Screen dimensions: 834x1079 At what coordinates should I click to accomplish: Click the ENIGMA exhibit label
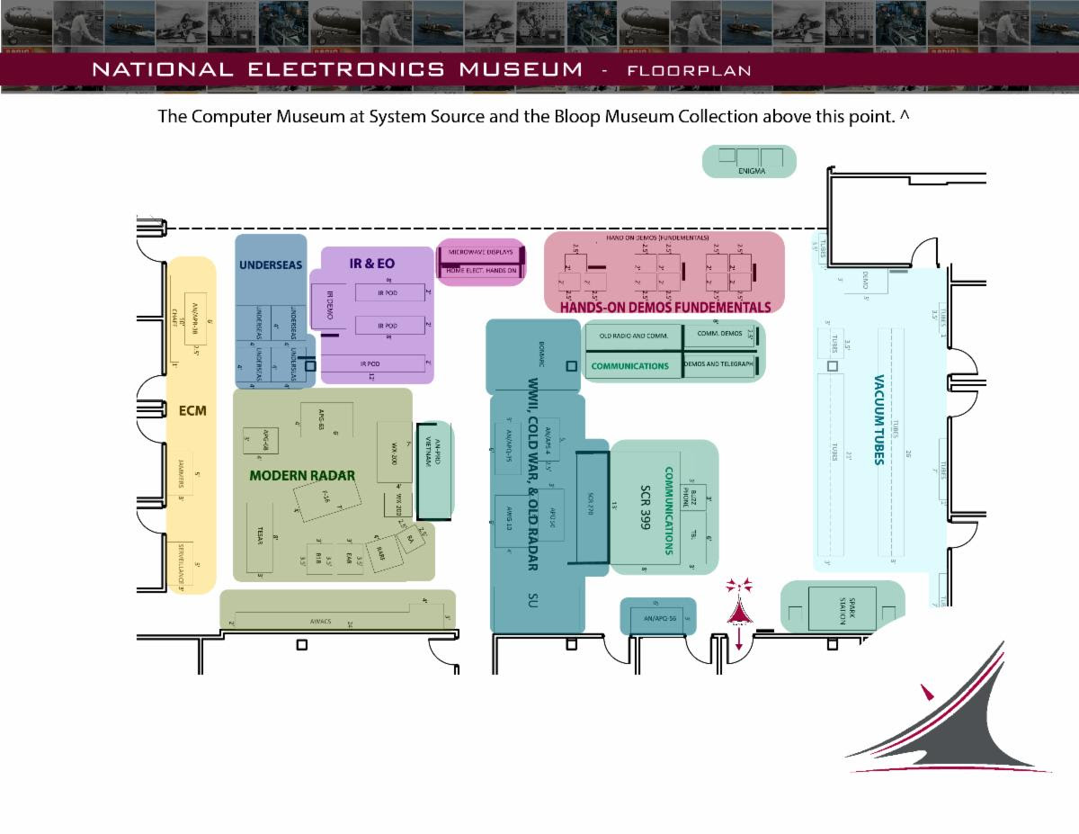click(751, 171)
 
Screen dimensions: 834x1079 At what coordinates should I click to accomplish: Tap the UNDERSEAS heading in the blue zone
click(271, 265)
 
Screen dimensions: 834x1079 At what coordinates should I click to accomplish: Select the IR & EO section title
click(372, 265)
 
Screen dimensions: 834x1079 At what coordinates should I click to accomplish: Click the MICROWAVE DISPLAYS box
click(480, 253)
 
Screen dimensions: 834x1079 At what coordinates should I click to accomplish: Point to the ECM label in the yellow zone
click(192, 411)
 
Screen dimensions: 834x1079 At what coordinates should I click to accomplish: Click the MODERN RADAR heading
click(302, 475)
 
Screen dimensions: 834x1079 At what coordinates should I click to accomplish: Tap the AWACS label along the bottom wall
click(321, 622)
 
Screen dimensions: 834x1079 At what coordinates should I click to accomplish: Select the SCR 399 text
click(645, 508)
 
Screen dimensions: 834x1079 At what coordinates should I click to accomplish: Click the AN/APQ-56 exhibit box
click(658, 618)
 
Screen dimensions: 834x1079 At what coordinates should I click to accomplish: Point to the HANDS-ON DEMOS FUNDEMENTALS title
click(665, 308)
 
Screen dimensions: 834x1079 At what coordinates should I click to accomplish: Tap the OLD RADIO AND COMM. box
click(634, 336)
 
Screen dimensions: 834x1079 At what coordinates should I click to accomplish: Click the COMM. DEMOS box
click(719, 333)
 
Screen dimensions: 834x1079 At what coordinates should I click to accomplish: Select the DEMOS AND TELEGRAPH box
click(718, 364)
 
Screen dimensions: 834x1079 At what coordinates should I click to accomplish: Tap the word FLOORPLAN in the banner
click(690, 70)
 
